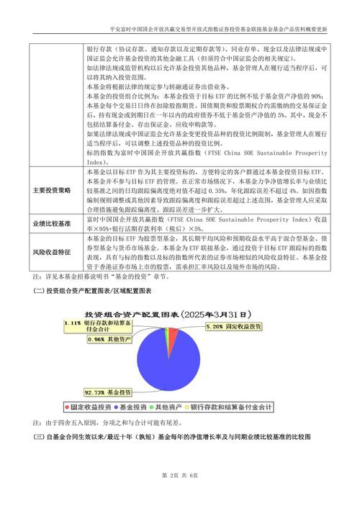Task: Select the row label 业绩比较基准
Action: pyautogui.click(x=52, y=224)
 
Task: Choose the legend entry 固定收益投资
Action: pyautogui.click(x=87, y=407)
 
